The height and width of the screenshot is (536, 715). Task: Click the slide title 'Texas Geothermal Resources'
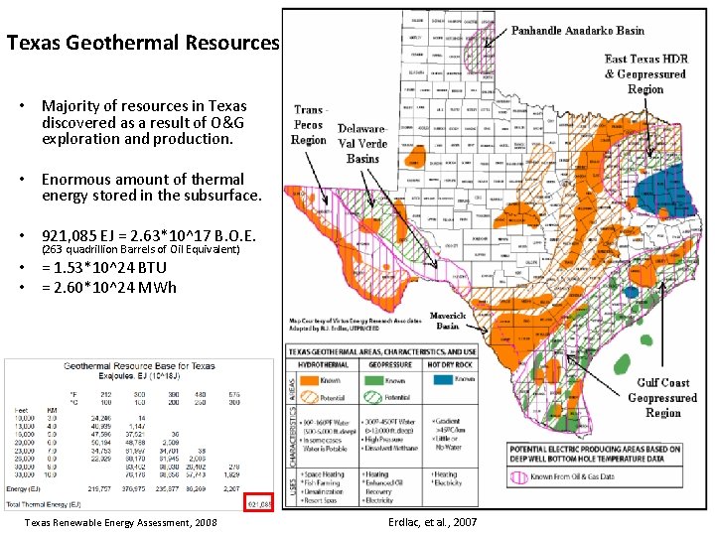(x=143, y=44)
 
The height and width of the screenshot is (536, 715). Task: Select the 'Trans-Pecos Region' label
(x=309, y=125)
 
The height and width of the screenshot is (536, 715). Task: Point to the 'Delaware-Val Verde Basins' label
(x=362, y=144)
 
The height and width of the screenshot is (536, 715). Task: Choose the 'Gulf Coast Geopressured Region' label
(x=663, y=397)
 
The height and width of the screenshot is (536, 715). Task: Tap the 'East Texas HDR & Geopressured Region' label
(x=645, y=74)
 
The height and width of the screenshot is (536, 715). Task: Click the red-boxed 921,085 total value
(x=258, y=502)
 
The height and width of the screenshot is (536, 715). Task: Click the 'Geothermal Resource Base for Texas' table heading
(x=140, y=366)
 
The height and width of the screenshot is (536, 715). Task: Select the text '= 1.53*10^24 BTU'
(x=103, y=268)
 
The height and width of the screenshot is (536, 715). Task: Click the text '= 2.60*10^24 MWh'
(x=108, y=288)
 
